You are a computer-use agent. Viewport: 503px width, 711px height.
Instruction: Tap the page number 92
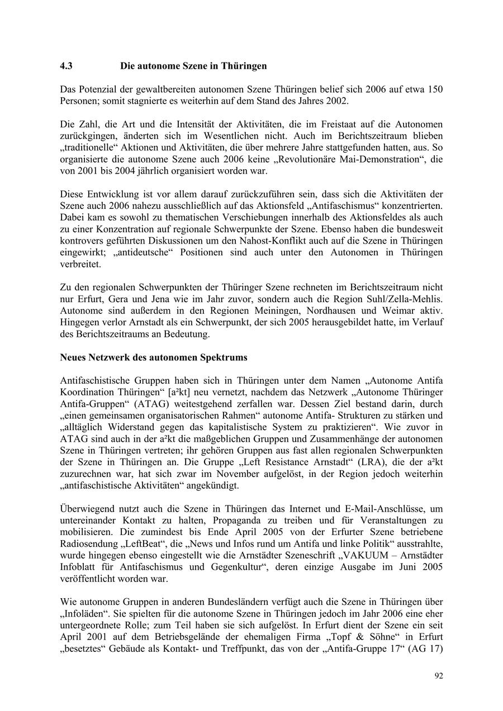439,676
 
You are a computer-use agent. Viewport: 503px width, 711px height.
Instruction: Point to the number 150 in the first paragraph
435,90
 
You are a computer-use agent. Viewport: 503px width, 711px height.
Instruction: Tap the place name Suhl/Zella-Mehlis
403,298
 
